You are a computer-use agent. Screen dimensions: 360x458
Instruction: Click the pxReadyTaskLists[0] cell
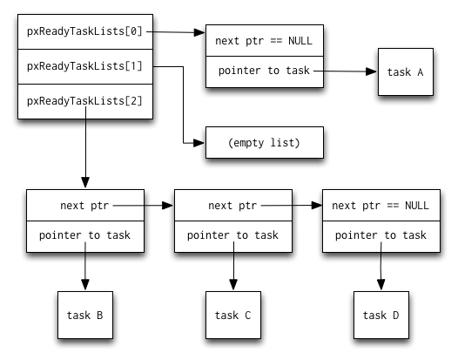coord(84,32)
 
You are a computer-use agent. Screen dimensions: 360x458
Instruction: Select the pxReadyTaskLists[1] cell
coord(84,66)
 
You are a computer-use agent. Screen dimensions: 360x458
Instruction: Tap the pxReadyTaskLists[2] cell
coord(84,100)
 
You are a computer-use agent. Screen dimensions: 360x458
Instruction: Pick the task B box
coord(84,315)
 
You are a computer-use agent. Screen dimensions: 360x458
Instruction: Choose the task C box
coord(232,315)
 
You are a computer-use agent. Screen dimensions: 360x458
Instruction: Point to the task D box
coord(381,315)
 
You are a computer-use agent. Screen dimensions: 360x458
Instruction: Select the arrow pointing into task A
coord(348,72)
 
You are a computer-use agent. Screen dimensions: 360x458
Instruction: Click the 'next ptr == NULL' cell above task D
coord(381,206)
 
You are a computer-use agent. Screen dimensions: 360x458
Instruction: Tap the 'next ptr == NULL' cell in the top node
coord(264,40)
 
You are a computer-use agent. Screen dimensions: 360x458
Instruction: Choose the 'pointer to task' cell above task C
coord(232,235)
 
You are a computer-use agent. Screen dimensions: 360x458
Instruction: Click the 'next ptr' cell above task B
coord(84,206)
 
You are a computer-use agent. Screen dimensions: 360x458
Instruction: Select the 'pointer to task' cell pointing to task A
coord(264,71)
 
